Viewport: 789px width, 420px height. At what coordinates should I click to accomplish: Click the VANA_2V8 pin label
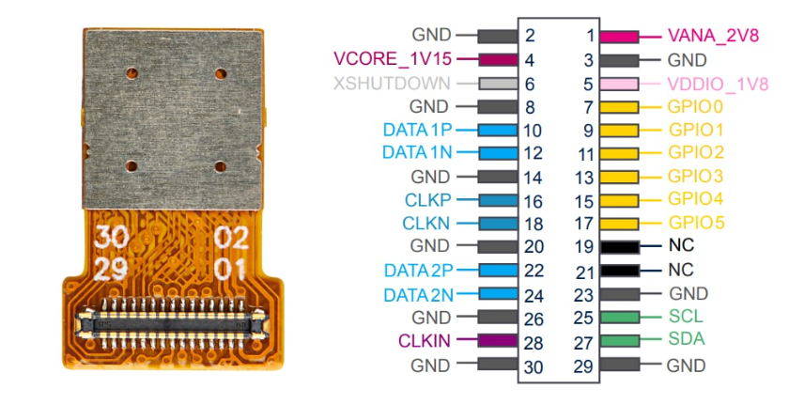(713, 37)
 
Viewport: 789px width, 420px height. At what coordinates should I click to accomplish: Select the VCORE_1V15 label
(393, 59)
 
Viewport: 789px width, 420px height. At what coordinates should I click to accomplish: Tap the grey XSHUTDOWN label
(392, 83)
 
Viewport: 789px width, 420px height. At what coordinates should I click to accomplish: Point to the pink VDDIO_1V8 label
(718, 85)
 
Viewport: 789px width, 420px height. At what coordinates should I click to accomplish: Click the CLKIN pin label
(425, 341)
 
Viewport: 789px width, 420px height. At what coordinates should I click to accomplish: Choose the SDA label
(687, 339)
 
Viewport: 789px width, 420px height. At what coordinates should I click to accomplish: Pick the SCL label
(686, 317)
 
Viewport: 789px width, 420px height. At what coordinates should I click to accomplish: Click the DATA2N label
(419, 295)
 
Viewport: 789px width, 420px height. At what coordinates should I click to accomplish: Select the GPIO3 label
(695, 177)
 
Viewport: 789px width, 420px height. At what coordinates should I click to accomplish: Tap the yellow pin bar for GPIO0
(619, 107)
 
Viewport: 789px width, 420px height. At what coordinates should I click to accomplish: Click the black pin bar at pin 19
(620, 247)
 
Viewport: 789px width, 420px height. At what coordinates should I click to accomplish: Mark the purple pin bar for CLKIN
(498, 341)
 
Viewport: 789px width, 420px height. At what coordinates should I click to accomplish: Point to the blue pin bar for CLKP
(498, 200)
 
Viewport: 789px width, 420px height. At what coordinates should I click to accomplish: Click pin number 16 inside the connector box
(534, 202)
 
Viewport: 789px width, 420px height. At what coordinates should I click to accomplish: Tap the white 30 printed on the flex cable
(111, 237)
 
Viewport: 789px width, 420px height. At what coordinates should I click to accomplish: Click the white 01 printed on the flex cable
(230, 270)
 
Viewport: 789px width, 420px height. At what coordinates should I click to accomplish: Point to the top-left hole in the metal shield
(131, 73)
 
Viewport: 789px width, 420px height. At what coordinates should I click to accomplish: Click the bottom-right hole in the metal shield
(220, 166)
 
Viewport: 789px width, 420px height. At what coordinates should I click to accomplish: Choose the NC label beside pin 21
(681, 270)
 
